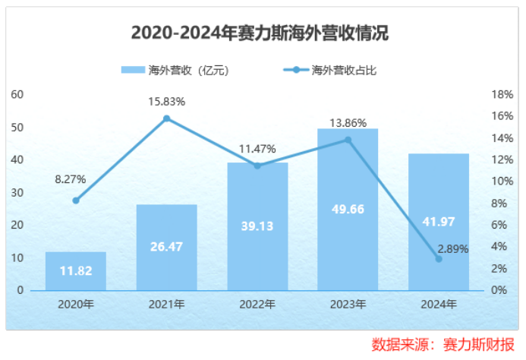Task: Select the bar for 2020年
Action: tap(75, 270)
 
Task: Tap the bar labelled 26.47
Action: tap(166, 247)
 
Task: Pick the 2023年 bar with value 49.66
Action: tap(348, 209)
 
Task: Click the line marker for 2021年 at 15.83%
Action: tap(166, 118)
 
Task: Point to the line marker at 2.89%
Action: tap(439, 259)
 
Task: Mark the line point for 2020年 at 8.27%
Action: tap(75, 201)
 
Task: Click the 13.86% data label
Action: tap(348, 122)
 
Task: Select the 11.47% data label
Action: tap(257, 149)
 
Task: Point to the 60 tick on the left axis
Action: tap(17, 94)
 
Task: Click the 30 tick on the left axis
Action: tap(17, 192)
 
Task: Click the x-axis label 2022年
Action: tap(257, 305)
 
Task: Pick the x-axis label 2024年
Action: tap(439, 305)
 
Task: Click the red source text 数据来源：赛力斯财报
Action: tap(443, 344)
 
